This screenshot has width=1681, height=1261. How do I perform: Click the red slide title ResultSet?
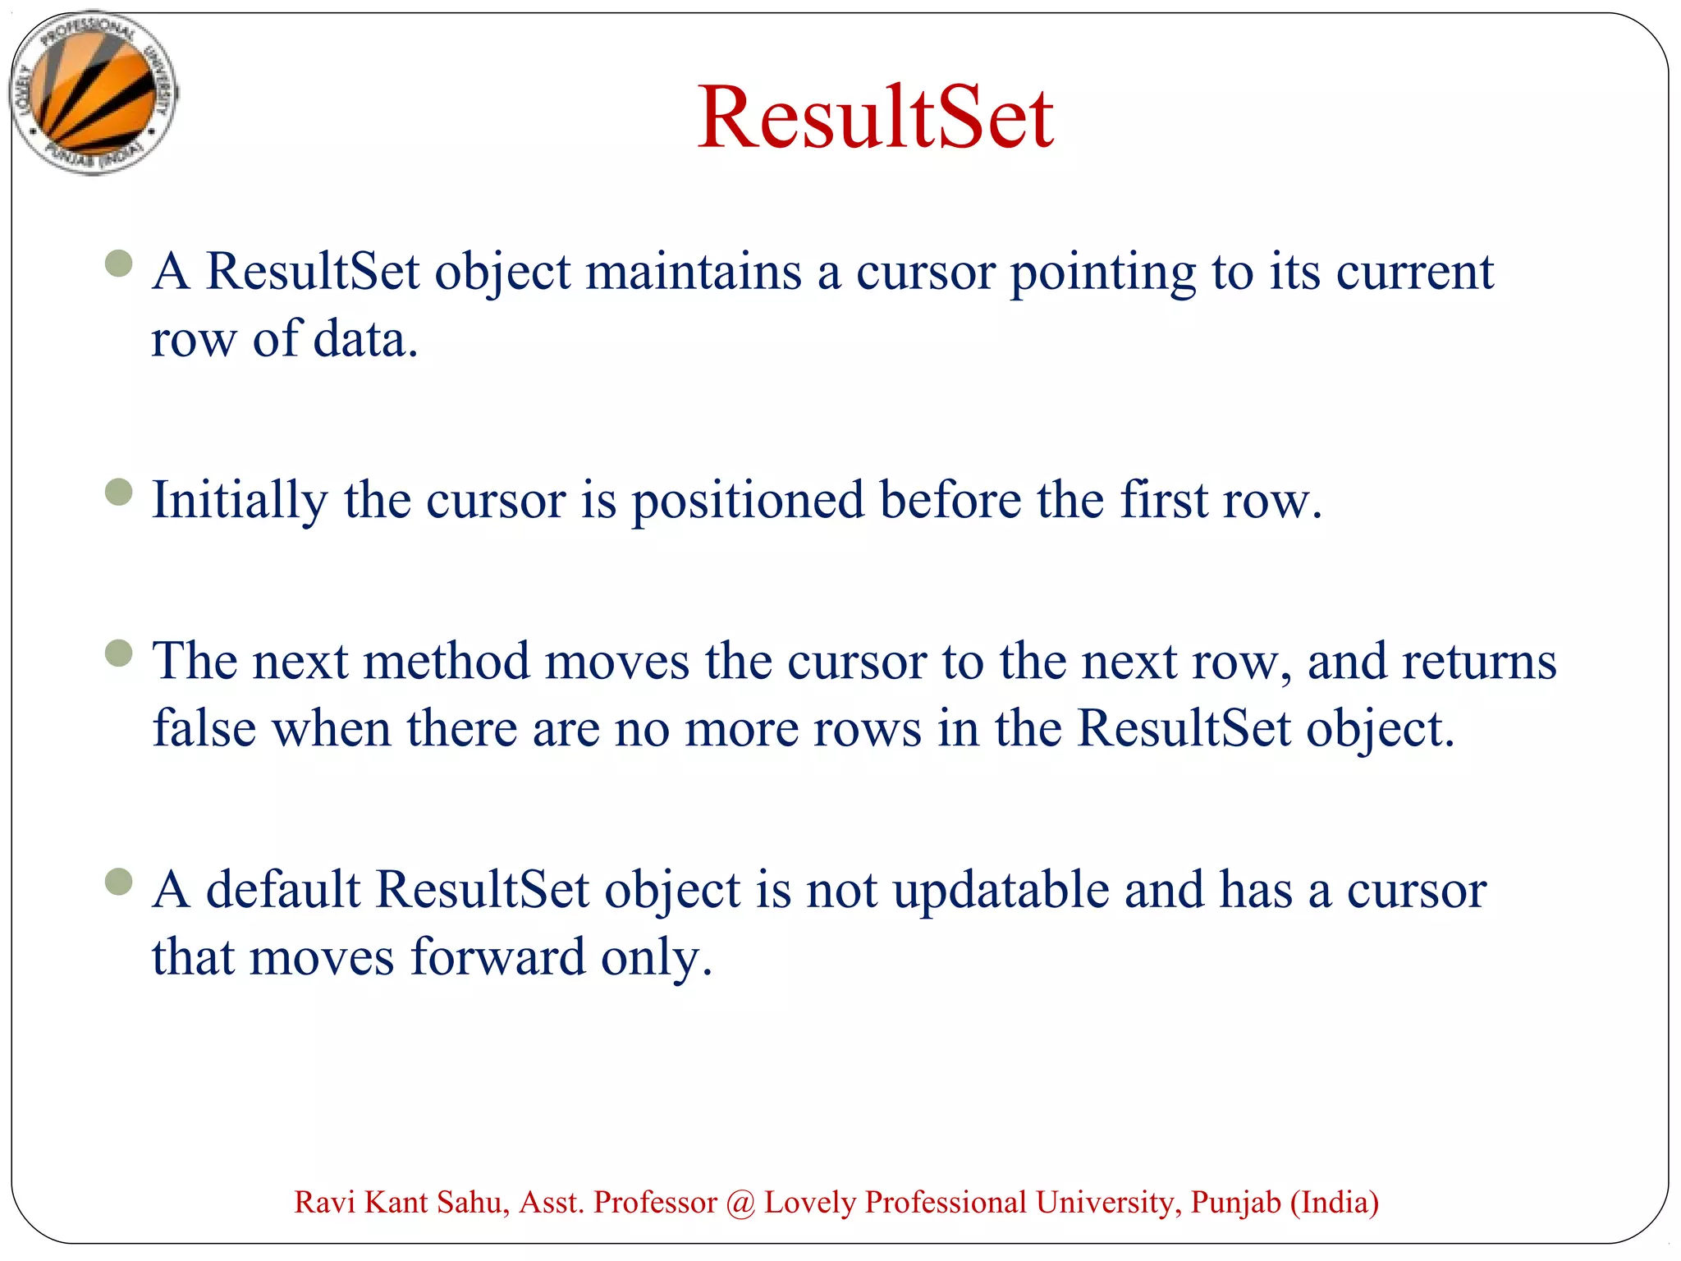click(x=875, y=118)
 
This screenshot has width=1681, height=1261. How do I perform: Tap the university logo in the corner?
click(x=93, y=92)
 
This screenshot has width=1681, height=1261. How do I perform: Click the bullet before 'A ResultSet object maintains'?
click(x=119, y=264)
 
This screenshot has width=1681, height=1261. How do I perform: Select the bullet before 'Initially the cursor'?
click(x=119, y=492)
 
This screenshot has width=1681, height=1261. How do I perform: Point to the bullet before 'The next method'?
click(x=119, y=653)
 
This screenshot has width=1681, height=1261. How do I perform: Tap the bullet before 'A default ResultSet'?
click(x=119, y=882)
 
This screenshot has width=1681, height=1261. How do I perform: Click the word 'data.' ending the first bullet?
click(x=366, y=338)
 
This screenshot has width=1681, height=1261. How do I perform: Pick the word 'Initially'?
click(x=240, y=501)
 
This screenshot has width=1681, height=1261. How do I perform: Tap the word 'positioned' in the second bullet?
click(x=747, y=501)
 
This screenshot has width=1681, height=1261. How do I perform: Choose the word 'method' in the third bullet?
click(x=447, y=661)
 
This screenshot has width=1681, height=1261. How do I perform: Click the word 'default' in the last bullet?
click(x=282, y=890)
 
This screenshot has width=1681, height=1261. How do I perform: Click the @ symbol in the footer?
click(x=740, y=1204)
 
